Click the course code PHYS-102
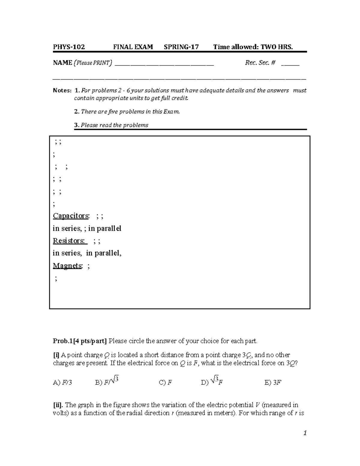[69, 47]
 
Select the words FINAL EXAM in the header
[133, 47]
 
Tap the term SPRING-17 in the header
[181, 47]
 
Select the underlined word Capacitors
[71, 216]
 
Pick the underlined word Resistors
[69, 241]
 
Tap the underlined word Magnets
[67, 266]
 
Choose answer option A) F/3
[62, 383]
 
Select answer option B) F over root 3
[107, 382]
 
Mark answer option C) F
[165, 383]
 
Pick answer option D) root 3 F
[212, 382]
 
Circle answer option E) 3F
[273, 383]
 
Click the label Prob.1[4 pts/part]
[80, 341]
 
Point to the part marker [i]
[56, 355]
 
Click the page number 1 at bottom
[305, 433]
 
